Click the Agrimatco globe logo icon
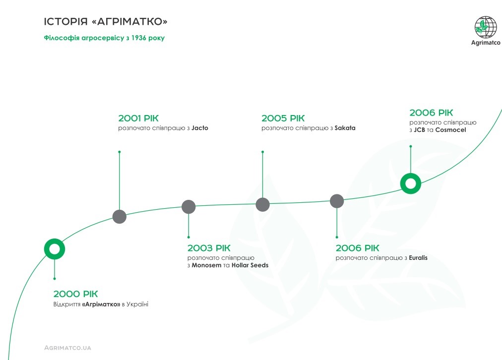click(486, 27)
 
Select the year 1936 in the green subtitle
click(138, 38)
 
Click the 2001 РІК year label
click(138, 118)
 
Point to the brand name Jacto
click(200, 128)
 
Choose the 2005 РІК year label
click(283, 118)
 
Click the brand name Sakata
click(345, 128)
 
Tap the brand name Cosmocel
click(450, 130)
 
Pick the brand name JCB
click(419, 130)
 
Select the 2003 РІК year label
click(209, 248)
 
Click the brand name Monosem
click(206, 265)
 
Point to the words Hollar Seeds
click(250, 265)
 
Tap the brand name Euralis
click(418, 258)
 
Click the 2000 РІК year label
click(75, 294)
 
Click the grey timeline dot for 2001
click(120, 217)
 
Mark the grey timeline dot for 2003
click(188, 207)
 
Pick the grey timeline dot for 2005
click(263, 204)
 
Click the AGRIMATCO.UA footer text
click(67, 348)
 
